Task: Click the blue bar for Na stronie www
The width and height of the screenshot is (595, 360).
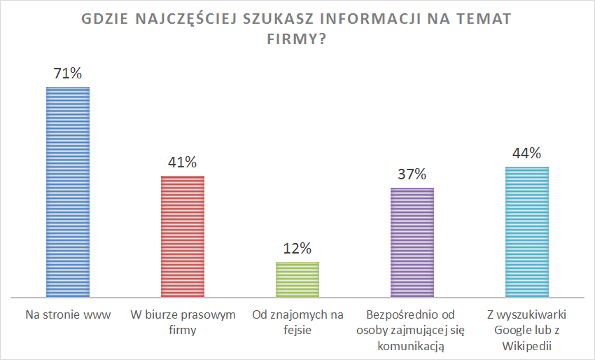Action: pos(68,192)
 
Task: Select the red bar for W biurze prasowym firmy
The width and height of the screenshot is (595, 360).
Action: pos(183,236)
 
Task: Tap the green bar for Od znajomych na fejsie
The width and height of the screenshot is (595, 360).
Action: pos(297,279)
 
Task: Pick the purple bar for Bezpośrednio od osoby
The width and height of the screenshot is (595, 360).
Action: pos(412,242)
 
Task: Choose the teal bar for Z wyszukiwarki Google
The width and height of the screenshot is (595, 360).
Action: pos(527,232)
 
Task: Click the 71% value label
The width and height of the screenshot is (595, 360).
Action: pos(68,73)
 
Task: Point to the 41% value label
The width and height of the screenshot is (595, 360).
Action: pos(183,162)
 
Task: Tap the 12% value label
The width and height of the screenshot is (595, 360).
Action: pos(297,248)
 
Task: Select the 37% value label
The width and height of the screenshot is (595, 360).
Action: pos(412,174)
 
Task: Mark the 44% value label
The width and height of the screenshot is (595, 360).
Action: pos(527,153)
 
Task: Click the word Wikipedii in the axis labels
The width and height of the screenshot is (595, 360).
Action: pos(527,345)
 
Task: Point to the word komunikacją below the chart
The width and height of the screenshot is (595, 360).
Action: pos(412,345)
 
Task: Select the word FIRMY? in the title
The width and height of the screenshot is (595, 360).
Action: pos(297,41)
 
